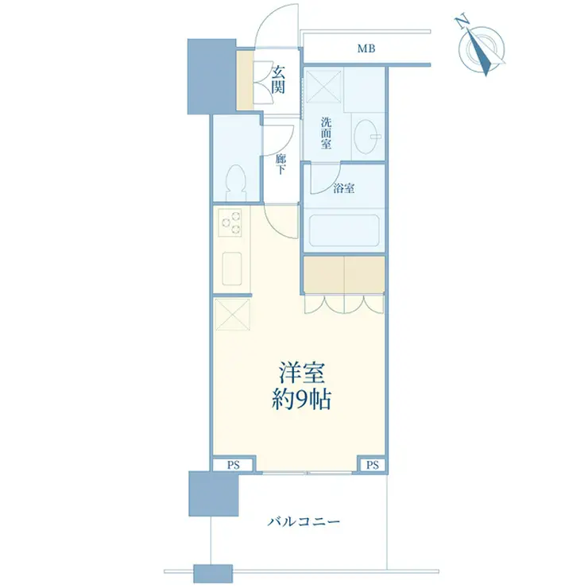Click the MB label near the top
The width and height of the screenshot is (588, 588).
366,48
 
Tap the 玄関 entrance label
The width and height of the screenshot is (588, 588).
279,79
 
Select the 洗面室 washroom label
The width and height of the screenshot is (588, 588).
326,133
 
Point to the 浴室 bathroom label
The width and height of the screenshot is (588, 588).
344,188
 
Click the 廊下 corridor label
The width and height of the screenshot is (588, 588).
280,164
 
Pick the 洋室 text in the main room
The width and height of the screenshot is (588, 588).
301,373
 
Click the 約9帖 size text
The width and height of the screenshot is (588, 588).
301,400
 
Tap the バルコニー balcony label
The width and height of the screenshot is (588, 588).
304,521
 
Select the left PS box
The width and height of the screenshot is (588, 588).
233,466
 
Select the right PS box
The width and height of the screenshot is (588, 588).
373,466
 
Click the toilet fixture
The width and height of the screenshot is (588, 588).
236,183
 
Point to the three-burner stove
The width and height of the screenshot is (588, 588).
230,222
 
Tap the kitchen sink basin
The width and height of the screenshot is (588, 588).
232,269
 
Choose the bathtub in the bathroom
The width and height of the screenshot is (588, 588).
344,230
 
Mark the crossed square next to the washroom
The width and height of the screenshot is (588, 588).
323,86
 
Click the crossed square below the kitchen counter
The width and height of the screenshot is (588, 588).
233,314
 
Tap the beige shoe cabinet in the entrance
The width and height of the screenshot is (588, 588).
245,80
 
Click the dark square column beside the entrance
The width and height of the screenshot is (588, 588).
211,76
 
